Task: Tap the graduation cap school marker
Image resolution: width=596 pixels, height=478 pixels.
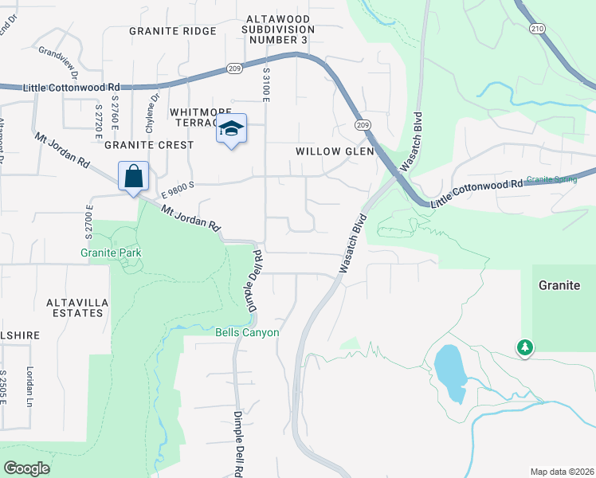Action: [x=231, y=128]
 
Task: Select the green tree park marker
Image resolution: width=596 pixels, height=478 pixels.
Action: [x=524, y=347]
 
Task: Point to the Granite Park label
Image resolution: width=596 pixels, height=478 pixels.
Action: [x=111, y=253]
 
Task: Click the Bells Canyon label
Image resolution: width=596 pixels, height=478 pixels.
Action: [x=248, y=332]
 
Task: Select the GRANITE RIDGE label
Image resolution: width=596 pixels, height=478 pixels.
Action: [x=173, y=31]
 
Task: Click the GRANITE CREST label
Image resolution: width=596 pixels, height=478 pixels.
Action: [x=148, y=145]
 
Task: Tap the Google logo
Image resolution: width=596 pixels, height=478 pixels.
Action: [x=26, y=468]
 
